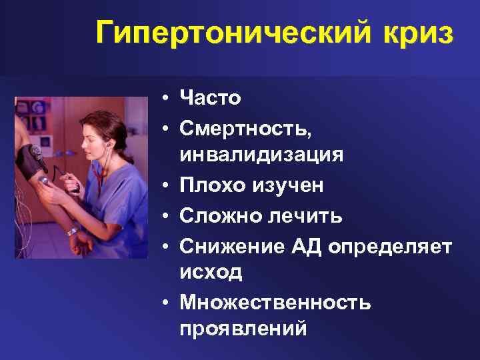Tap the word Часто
(210, 99)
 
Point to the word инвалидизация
(261, 156)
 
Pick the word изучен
(283, 186)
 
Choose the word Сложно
(216, 216)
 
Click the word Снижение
(227, 246)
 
